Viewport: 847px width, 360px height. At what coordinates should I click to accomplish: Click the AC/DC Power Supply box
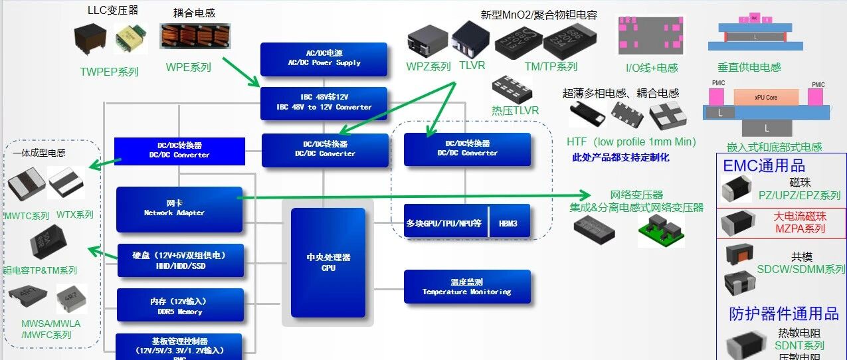pos(324,59)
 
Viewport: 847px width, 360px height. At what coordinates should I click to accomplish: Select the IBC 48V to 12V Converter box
pos(324,103)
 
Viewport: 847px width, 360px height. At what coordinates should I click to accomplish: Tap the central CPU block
pos(328,262)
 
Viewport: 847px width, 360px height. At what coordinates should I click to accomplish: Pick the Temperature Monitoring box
pos(467,287)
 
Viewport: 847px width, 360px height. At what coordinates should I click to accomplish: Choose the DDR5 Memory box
pos(180,306)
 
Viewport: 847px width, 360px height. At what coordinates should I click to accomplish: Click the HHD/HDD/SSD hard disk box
pos(180,260)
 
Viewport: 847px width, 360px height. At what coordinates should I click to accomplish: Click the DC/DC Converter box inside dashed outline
pos(467,149)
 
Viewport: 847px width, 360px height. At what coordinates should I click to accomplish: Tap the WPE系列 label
pos(189,67)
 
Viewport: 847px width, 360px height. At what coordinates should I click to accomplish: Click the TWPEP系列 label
pos(110,72)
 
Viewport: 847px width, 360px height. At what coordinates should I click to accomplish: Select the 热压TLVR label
pos(515,110)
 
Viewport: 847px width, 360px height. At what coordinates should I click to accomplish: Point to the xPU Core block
pos(766,97)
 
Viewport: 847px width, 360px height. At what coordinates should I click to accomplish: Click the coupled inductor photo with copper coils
pos(190,36)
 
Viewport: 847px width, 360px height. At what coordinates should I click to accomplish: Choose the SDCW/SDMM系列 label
pos(801,269)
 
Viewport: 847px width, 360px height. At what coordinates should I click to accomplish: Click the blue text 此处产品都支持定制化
pos(620,157)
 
